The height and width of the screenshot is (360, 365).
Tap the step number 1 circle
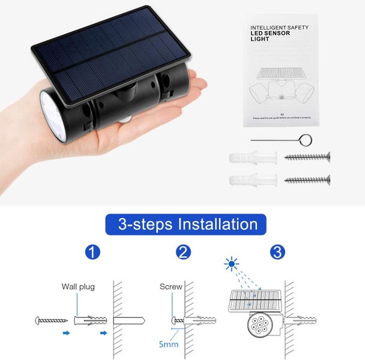point(92,252)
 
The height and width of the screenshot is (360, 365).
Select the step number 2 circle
point(184,252)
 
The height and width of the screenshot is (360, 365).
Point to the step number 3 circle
point(277,252)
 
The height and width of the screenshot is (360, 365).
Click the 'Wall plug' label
point(78,286)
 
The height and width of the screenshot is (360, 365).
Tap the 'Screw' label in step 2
point(170,286)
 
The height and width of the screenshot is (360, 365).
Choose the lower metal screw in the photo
point(307,179)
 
